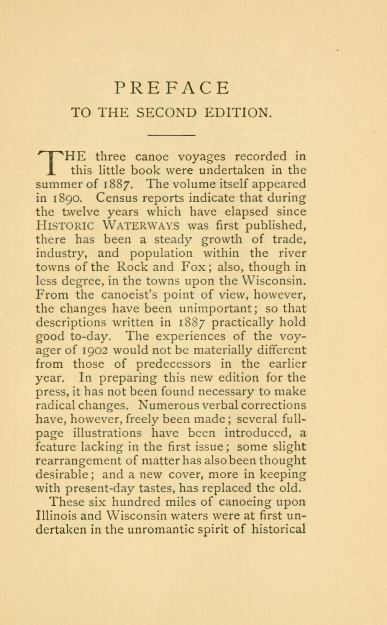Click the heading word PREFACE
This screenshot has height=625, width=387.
coord(172,88)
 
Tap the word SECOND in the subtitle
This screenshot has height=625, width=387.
coord(166,112)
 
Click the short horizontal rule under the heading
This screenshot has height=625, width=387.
coord(172,135)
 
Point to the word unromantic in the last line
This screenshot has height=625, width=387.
coord(160,530)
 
